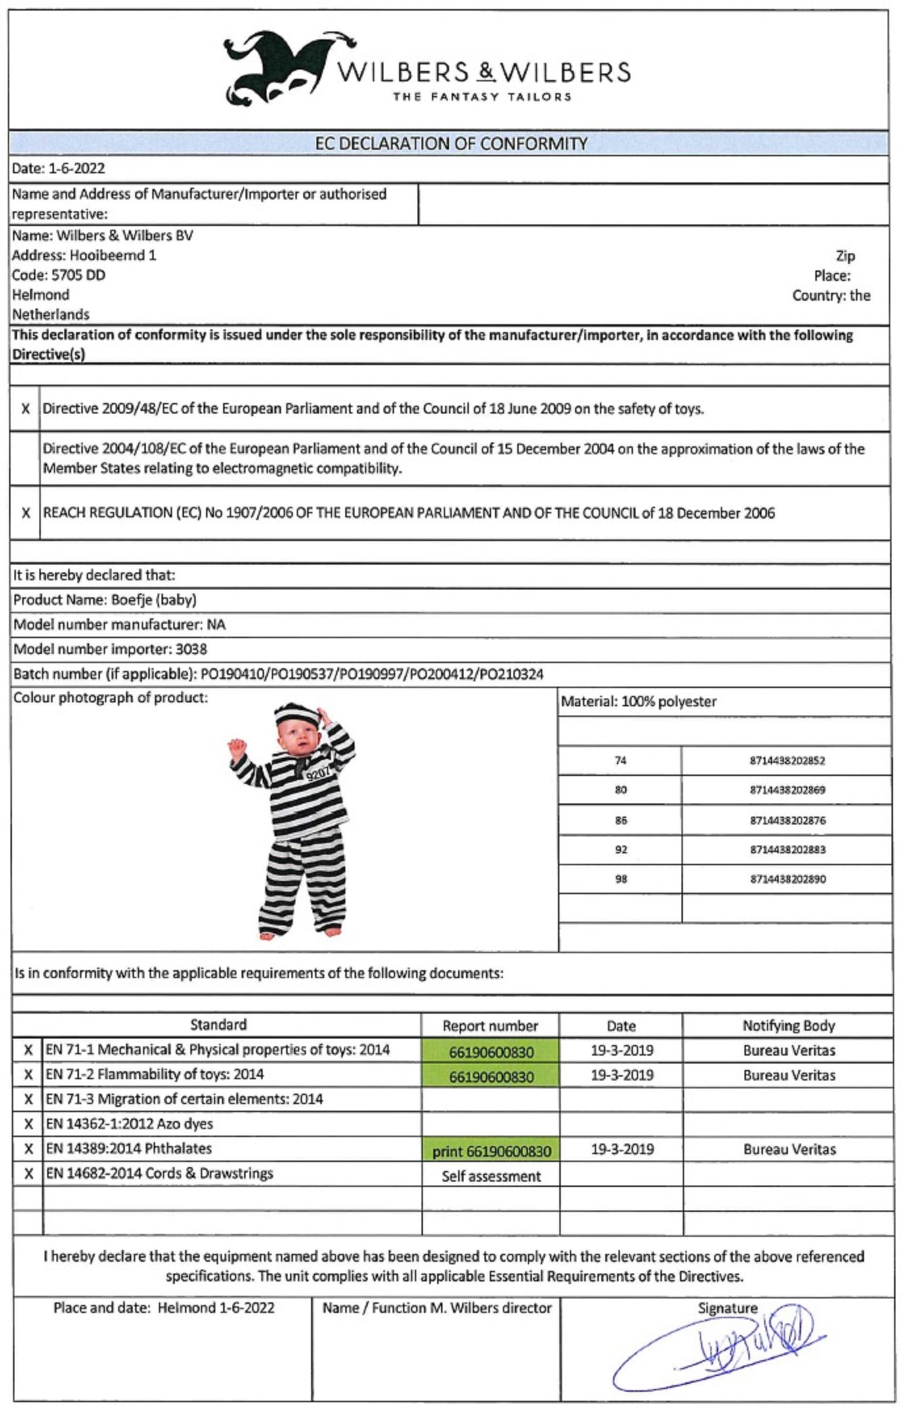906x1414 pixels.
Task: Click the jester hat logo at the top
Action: click(276, 69)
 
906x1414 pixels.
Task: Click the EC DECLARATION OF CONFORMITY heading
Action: click(450, 144)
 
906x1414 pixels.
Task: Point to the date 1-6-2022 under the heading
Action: click(76, 169)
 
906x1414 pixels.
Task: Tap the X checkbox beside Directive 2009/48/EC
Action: click(26, 409)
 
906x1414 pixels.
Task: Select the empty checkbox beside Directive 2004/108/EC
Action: click(26, 459)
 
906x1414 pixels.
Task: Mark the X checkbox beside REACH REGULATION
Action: click(26, 513)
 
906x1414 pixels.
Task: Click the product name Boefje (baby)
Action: click(154, 600)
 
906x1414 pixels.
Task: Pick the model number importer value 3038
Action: click(191, 650)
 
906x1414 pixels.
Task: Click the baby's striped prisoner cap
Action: click(295, 714)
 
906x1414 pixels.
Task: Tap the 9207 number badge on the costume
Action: click(319, 773)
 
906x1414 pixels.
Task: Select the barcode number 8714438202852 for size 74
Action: click(787, 761)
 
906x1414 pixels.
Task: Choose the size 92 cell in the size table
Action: click(620, 850)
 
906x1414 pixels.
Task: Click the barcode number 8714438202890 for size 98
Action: click(788, 880)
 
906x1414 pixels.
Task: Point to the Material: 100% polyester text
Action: click(638, 702)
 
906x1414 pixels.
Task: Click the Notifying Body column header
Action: click(788, 1026)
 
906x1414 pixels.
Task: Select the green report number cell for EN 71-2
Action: click(491, 1077)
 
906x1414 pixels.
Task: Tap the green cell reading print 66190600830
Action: click(491, 1151)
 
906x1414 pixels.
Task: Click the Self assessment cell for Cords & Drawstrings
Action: click(491, 1176)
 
